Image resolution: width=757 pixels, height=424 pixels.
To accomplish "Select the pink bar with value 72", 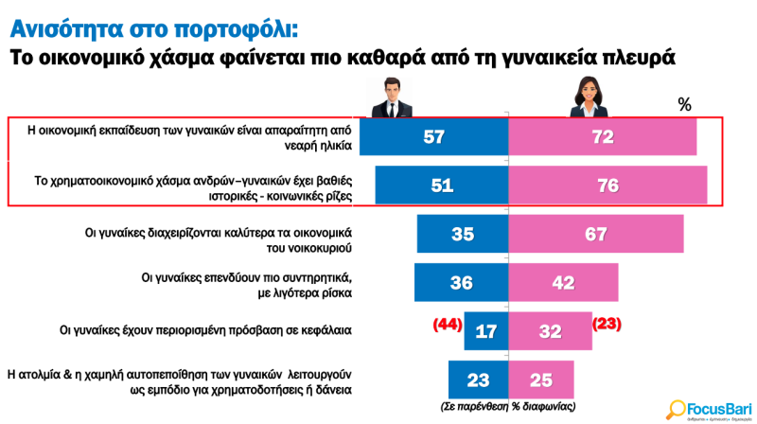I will pyautogui.click(x=603, y=137).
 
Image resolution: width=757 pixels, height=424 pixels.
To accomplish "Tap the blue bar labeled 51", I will pyautogui.click(x=442, y=185).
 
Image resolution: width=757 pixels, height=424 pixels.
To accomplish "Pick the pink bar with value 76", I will pyautogui.click(x=607, y=185).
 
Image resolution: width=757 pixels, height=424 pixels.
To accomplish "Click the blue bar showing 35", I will pyautogui.click(x=463, y=234).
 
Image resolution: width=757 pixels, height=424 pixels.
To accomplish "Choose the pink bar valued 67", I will pyautogui.click(x=597, y=234).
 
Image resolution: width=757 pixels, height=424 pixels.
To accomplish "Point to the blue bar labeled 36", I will pyautogui.click(x=462, y=282).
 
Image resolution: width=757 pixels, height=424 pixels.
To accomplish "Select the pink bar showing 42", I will pyautogui.click(x=564, y=282).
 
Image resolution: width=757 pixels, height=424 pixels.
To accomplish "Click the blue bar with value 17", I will pyautogui.click(x=486, y=331).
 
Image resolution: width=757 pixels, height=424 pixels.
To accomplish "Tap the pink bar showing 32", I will pyautogui.click(x=551, y=331).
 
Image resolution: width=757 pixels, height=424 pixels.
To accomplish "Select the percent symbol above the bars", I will pyautogui.click(x=685, y=104).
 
